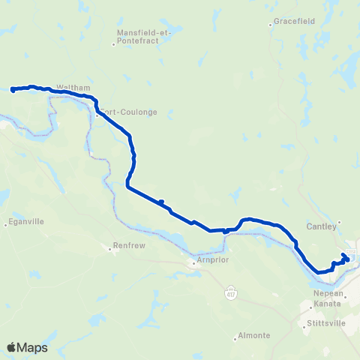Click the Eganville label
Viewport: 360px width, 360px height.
(x=24, y=222)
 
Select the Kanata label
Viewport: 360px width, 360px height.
(x=328, y=304)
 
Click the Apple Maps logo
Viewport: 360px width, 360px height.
(x=28, y=346)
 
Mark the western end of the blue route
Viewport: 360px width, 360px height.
(x=13, y=90)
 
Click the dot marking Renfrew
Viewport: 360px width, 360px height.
(x=112, y=250)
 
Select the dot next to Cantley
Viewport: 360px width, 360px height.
(x=339, y=221)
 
